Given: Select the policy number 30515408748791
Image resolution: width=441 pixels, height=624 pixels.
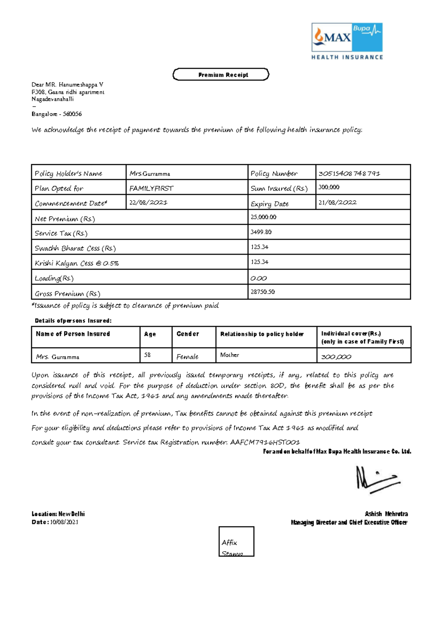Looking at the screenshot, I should point(349,173).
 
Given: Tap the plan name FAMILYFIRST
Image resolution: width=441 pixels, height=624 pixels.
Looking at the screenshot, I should point(151,188).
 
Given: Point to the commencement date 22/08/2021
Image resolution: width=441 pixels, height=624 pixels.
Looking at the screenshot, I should point(148,202).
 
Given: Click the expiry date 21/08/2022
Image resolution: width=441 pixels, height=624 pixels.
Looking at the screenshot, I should point(337,202).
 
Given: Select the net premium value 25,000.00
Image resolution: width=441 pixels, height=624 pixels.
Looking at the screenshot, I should point(263,217).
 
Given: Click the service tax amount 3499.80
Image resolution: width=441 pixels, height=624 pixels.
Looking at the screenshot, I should point(261,232).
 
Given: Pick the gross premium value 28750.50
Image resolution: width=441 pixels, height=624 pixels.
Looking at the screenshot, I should point(262,292).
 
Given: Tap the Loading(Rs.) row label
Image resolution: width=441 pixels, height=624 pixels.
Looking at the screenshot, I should point(54,278).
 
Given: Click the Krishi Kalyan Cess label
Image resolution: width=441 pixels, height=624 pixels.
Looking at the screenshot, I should point(76,263).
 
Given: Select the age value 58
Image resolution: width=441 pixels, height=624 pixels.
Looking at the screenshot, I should point(147,355).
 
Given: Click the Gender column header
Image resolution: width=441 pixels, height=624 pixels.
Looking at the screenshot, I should point(187,334).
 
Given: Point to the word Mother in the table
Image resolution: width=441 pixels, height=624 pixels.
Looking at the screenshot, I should point(229,355).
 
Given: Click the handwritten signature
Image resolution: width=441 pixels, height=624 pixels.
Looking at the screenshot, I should point(377,479).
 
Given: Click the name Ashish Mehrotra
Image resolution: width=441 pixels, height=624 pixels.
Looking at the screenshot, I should point(386,514).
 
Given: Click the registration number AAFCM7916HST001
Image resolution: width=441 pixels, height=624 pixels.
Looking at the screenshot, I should point(265,442).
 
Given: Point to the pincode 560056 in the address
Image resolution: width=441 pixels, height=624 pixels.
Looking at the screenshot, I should point(72,114).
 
